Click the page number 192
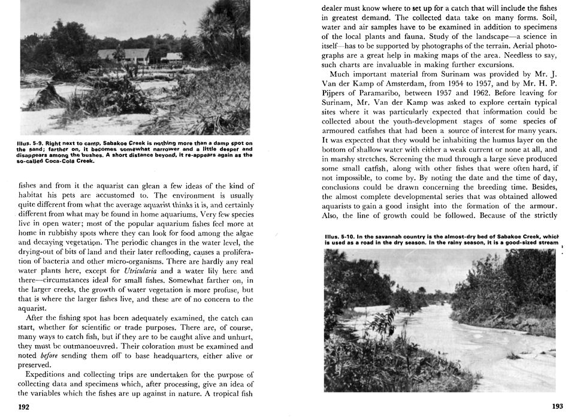[24, 407]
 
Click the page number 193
[557, 406]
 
